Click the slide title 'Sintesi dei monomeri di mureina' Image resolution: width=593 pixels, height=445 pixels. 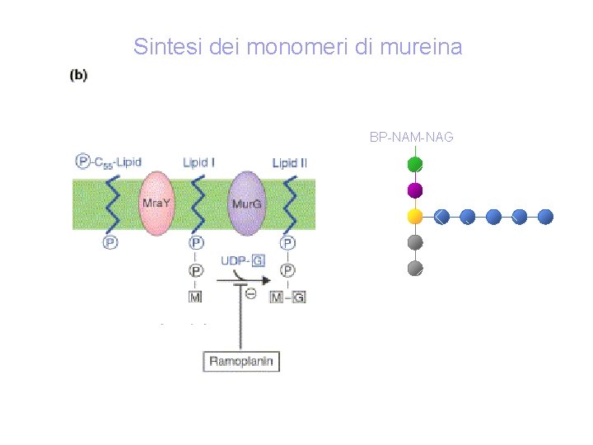[297, 47]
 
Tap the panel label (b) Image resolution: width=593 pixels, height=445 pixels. [78, 75]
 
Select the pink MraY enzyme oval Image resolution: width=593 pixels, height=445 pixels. [153, 203]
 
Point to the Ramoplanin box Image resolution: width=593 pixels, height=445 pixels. [241, 361]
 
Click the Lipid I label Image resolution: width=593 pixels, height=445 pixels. [198, 163]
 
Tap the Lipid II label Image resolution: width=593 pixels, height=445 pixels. [290, 163]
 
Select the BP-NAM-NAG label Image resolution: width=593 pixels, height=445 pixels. [411, 137]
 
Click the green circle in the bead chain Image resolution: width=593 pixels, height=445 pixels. [416, 165]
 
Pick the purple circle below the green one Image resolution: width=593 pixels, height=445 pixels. [416, 190]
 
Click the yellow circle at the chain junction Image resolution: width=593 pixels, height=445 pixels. [416, 217]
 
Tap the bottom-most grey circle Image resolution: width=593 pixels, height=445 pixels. [416, 268]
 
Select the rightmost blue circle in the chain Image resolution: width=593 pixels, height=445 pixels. [545, 217]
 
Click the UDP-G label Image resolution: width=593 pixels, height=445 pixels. [242, 261]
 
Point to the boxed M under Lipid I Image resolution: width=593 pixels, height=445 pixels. [196, 297]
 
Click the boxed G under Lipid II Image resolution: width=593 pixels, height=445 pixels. [298, 297]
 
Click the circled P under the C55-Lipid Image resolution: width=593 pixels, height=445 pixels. [110, 242]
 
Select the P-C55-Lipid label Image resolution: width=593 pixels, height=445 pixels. [109, 162]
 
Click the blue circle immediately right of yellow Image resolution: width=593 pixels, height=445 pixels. [441, 217]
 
